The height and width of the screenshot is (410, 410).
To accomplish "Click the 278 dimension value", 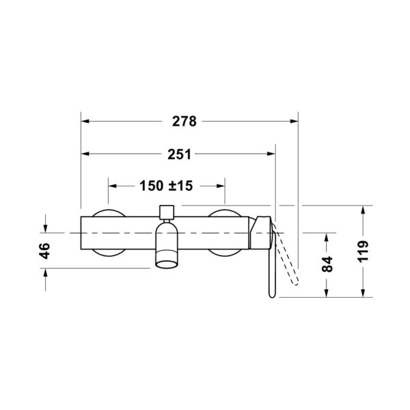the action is click(184, 122).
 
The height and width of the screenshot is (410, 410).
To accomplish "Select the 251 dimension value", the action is click(179, 154).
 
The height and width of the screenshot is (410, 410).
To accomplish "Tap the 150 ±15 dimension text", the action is click(166, 186).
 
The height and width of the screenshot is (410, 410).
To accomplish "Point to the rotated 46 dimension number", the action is click(45, 251).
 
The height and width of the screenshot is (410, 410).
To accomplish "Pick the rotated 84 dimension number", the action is click(327, 264).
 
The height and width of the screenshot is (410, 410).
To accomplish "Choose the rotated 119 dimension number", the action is click(364, 251).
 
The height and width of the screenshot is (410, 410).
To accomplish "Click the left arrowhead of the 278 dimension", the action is click(85, 122).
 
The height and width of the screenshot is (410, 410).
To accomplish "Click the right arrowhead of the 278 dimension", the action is click(294, 122).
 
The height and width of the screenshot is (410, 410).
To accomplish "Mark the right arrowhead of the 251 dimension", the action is click(271, 154).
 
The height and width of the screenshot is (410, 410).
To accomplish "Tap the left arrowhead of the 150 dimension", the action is click(113, 186).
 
